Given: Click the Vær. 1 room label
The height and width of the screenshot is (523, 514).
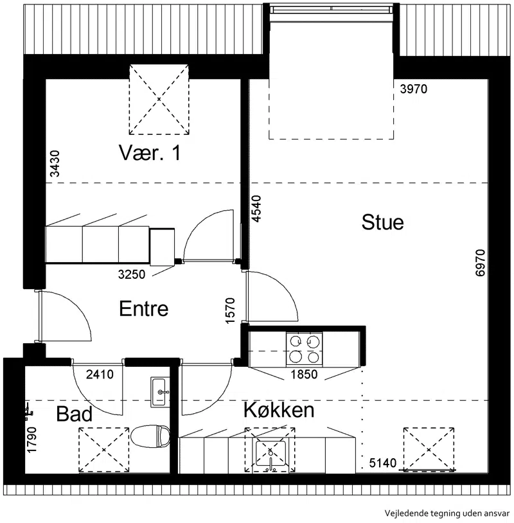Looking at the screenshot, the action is click(x=150, y=153).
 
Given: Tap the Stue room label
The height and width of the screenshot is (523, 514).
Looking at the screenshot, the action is click(x=382, y=222).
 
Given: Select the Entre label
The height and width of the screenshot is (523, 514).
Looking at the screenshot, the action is click(x=143, y=308).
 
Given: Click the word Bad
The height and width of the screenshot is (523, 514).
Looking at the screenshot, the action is click(x=74, y=414).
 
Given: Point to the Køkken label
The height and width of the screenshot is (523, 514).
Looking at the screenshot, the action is click(x=279, y=409).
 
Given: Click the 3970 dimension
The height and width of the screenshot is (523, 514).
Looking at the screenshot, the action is click(x=414, y=89).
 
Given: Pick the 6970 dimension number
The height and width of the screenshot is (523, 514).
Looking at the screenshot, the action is click(x=480, y=263).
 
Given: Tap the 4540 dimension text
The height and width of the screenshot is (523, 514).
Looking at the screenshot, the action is click(x=256, y=208).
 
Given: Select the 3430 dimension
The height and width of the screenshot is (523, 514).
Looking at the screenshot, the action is click(x=55, y=163).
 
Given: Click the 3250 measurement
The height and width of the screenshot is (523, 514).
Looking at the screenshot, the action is click(x=132, y=274).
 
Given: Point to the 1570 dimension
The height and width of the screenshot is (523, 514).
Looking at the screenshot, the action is click(x=230, y=310).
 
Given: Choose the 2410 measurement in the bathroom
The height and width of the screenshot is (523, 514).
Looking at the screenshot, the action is click(x=100, y=374).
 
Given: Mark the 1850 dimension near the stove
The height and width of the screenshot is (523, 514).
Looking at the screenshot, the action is click(x=304, y=374).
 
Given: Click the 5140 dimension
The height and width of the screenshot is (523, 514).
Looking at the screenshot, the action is click(x=383, y=463).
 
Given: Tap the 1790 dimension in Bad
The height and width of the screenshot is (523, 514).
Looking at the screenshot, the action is click(x=31, y=439).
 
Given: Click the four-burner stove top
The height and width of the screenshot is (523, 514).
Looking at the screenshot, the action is click(x=304, y=350).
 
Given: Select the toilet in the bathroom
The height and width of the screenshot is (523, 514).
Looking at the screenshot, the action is click(x=150, y=436).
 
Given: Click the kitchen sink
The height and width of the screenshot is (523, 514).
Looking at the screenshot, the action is click(x=270, y=454).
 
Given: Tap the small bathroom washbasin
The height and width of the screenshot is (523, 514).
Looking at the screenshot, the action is click(x=160, y=392).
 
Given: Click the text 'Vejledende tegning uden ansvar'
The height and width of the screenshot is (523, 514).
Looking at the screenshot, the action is click(x=447, y=513).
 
